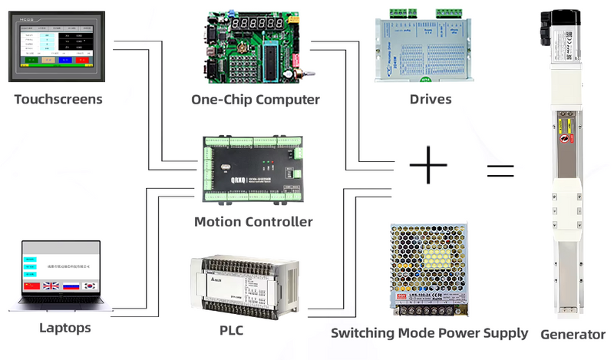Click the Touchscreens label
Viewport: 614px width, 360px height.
[x=58, y=99]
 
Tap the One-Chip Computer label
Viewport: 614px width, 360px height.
[x=256, y=99]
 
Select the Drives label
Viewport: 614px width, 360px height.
[x=431, y=99]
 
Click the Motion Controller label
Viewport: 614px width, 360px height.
[x=253, y=222]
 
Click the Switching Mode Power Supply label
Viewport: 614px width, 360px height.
[x=429, y=332]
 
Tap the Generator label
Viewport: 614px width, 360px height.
[x=573, y=334]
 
